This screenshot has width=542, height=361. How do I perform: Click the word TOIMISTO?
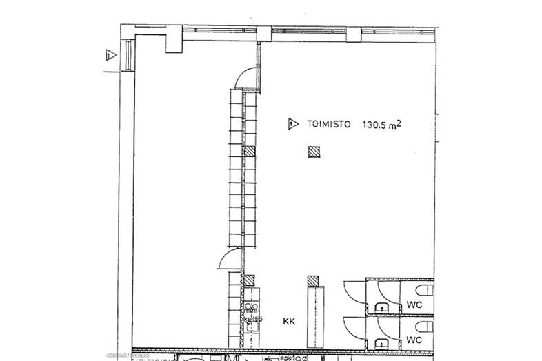[x=328, y=125]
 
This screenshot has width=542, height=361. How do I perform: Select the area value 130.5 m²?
[x=382, y=125]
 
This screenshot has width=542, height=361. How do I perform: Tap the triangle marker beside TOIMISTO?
[x=293, y=125]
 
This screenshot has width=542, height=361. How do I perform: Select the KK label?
[x=289, y=321]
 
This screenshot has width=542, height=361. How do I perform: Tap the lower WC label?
[x=414, y=339]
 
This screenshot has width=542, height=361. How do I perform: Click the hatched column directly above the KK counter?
[x=313, y=281]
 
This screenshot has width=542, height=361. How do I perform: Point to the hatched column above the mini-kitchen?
[x=250, y=280]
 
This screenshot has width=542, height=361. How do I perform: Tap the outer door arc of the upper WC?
[x=354, y=291]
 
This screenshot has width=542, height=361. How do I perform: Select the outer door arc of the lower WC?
[x=354, y=327]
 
